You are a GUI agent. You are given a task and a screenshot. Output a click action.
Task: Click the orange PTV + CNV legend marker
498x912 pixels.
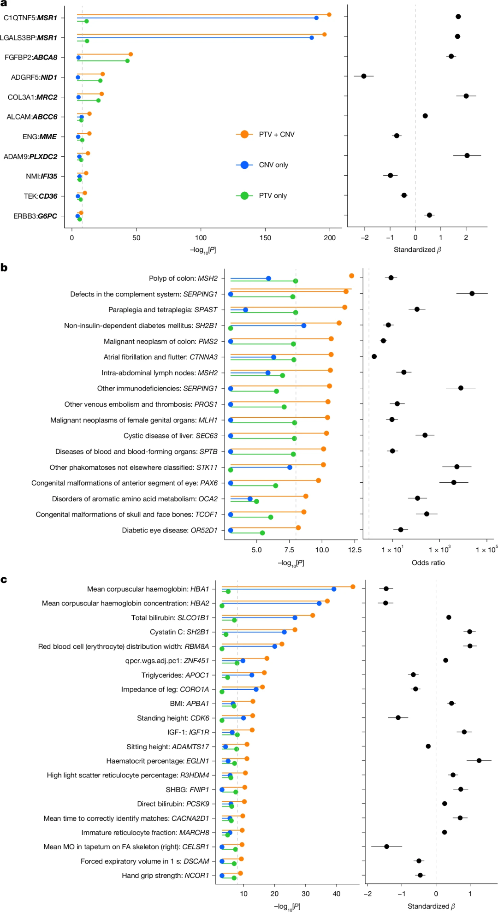(x=244, y=134)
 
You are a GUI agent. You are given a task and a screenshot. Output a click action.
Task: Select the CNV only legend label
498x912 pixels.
(x=273, y=165)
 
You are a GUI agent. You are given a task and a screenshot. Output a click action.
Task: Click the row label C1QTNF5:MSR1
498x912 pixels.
(x=30, y=18)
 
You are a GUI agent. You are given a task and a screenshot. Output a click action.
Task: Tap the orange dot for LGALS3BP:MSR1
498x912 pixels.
(x=324, y=35)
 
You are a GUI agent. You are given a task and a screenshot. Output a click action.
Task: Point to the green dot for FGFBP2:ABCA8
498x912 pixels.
(x=127, y=61)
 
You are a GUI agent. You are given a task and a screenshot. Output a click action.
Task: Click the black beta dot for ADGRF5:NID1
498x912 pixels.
(x=364, y=76)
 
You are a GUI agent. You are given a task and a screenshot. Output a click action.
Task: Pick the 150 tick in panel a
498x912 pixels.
(x=265, y=238)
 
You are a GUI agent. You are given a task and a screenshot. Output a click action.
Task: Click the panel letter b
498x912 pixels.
(x=4, y=268)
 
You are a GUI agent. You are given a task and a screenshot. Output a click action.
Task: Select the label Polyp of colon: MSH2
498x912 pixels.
(x=183, y=278)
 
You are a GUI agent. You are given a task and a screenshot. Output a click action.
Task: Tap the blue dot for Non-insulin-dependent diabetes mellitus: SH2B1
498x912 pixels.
(x=303, y=326)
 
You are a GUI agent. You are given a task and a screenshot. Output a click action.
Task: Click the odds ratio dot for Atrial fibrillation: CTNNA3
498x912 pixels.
(x=374, y=356)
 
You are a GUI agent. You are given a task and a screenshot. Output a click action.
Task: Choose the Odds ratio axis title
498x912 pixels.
(x=428, y=563)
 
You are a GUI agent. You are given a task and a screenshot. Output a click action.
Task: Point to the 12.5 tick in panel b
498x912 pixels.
(x=355, y=550)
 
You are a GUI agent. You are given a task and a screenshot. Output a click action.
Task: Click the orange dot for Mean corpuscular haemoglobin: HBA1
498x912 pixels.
(x=353, y=586)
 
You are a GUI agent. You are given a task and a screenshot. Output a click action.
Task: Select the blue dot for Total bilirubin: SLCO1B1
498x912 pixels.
(x=295, y=617)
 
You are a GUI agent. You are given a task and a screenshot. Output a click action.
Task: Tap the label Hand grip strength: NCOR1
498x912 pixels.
(x=165, y=875)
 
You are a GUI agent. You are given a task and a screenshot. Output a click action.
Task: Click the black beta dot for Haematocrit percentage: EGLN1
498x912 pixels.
(x=479, y=760)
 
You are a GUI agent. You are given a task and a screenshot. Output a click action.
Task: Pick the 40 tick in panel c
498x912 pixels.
(x=337, y=894)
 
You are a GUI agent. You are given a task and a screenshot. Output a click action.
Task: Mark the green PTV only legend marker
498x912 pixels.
(x=244, y=195)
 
